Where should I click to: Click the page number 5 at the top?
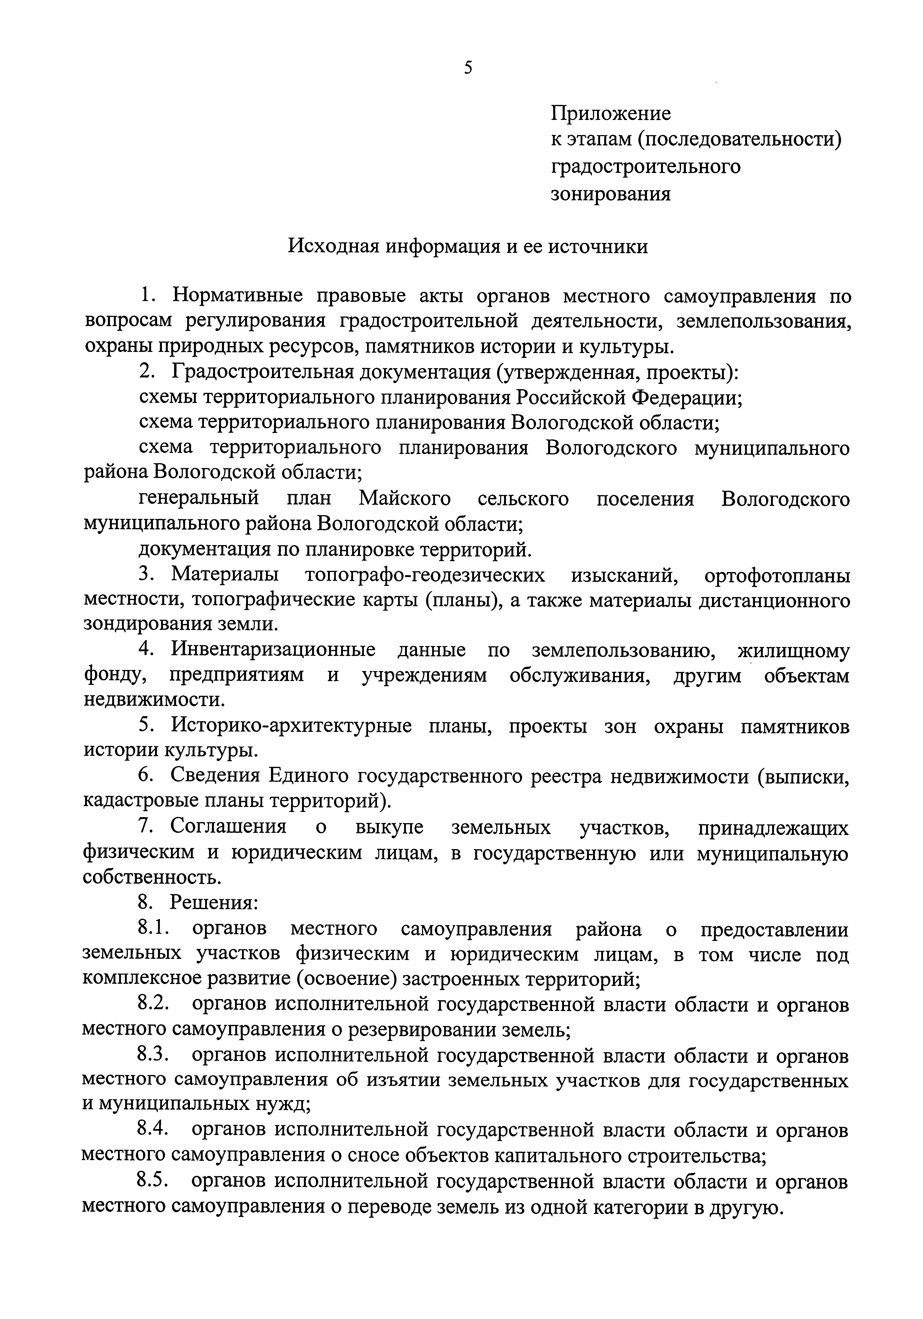pos(468,68)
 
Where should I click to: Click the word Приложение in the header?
pos(611,113)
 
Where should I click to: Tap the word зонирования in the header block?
pos(611,194)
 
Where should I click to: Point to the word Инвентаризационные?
pos(273,650)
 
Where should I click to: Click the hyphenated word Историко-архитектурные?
pos(292,727)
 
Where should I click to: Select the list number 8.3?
pos(153,1055)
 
